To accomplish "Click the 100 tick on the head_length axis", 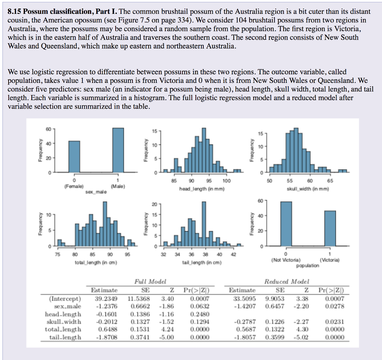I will point(226,181).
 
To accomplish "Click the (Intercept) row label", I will point(65,298).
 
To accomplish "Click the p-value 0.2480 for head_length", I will point(200,314).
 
